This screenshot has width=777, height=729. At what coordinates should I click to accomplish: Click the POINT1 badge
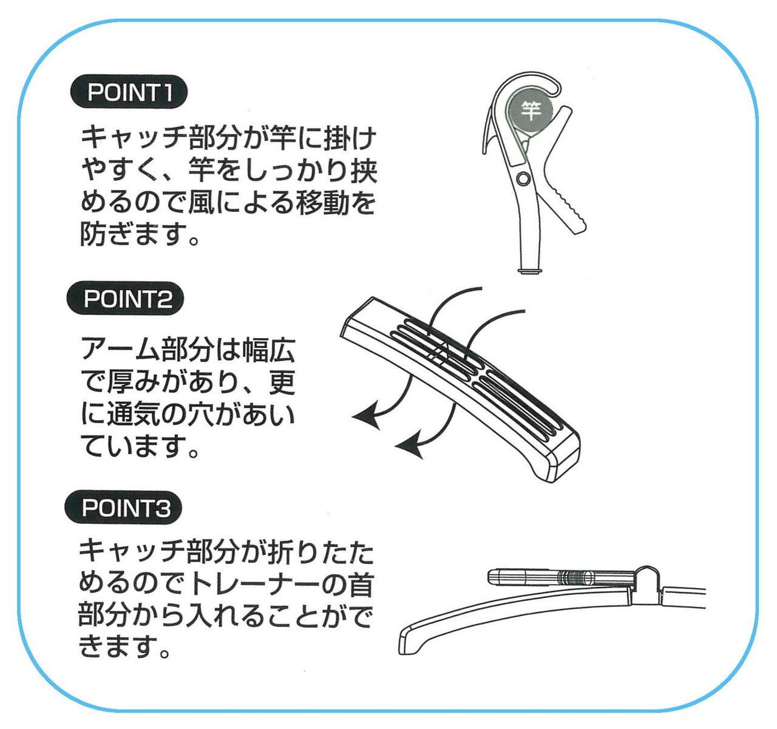coord(128,93)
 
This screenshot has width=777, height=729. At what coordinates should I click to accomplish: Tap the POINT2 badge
coord(125,299)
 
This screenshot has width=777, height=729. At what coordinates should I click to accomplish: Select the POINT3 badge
coord(123,507)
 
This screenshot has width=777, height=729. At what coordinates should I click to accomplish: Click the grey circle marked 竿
coord(531,110)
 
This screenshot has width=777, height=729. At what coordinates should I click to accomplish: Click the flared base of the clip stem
coord(529,271)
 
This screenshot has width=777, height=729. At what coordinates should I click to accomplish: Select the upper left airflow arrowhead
coord(367,415)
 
